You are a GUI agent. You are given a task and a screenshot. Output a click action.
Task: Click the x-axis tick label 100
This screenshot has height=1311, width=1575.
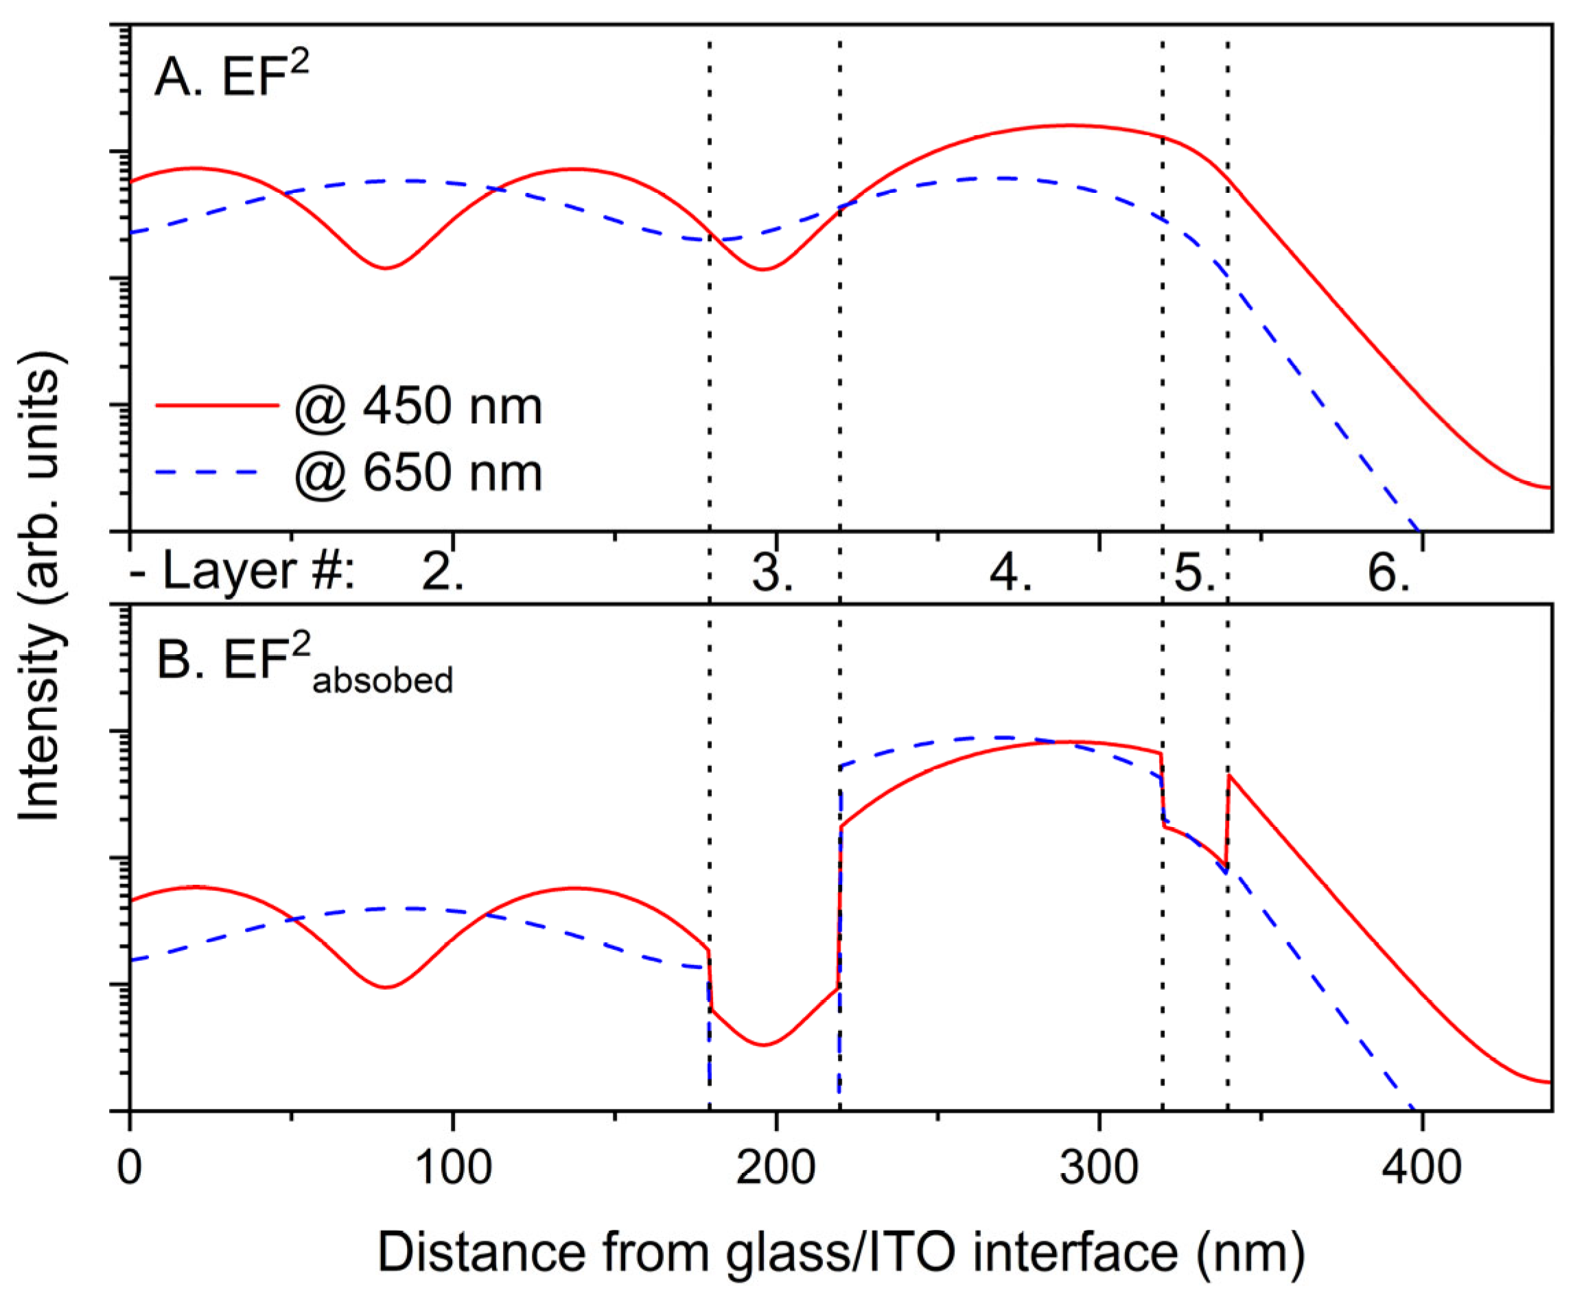click(452, 1168)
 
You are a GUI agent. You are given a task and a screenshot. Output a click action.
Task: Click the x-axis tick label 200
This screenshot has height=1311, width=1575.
click(775, 1168)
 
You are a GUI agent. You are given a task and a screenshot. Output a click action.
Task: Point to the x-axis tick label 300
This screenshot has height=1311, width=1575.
click(1099, 1168)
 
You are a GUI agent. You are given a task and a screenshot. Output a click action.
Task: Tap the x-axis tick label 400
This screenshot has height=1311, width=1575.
click(1421, 1168)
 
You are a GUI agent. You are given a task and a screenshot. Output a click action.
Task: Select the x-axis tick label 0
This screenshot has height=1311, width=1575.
click(130, 1168)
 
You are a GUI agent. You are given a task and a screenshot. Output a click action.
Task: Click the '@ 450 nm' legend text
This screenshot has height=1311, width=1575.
click(419, 406)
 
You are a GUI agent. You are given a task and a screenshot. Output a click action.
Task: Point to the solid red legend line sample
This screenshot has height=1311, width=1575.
click(217, 405)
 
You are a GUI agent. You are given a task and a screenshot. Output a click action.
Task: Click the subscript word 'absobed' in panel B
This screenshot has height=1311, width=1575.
click(382, 681)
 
